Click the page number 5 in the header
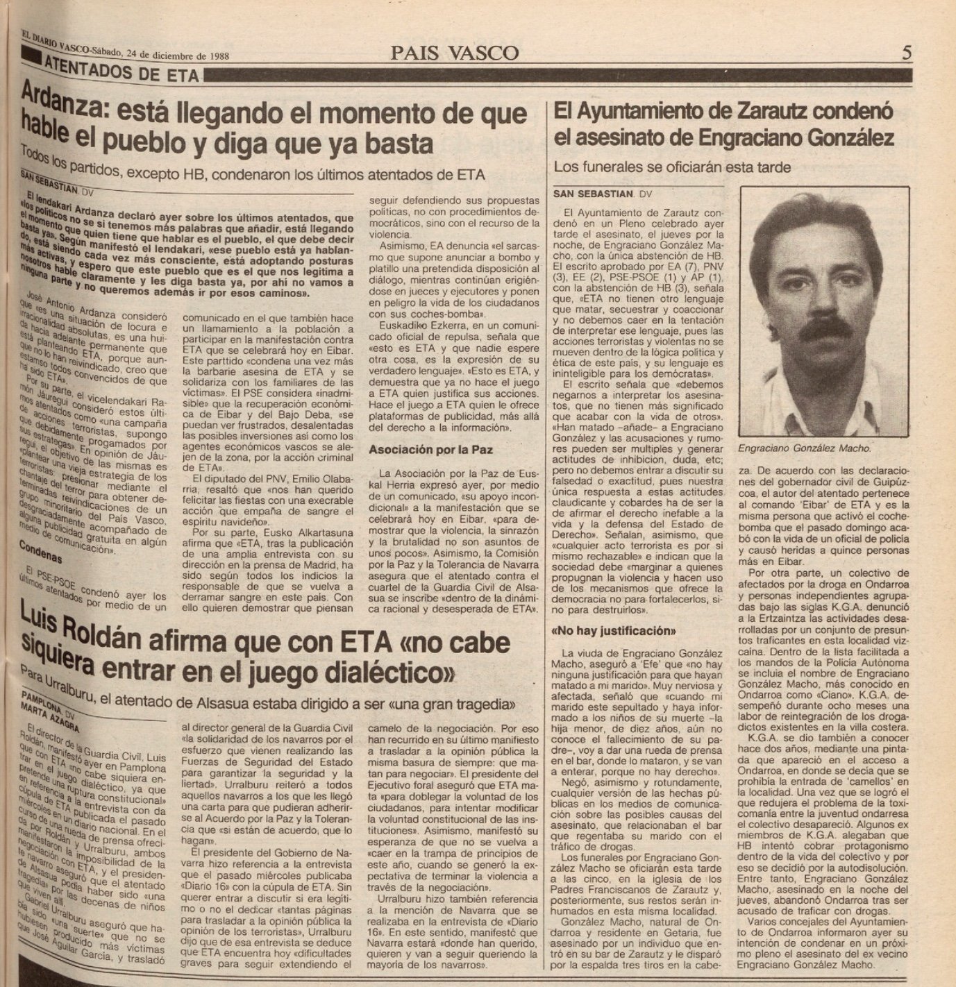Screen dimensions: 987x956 (x=906, y=53)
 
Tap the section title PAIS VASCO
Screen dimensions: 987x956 (x=453, y=53)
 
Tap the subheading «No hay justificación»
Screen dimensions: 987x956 (x=614, y=632)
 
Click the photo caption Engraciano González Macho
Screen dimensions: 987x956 (x=805, y=448)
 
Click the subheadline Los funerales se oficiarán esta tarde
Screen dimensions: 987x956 (x=672, y=167)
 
